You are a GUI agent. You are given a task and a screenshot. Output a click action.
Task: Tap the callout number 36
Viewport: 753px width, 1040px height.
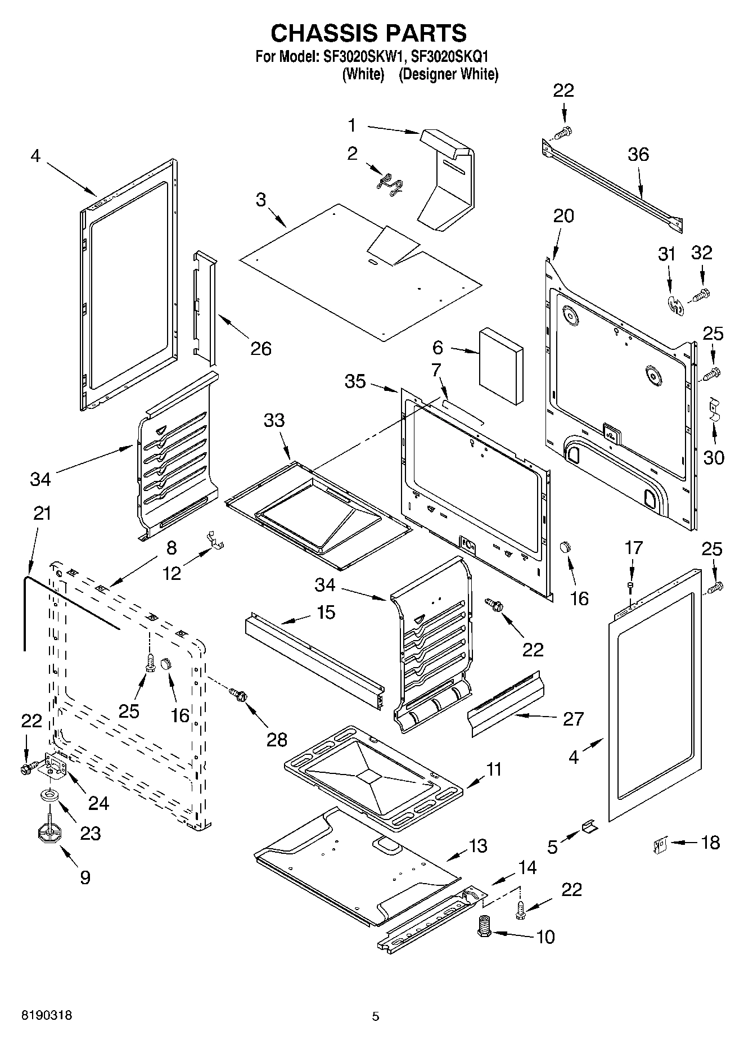point(638,154)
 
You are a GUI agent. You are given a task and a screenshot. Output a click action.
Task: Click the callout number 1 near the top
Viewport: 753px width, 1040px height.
point(352,125)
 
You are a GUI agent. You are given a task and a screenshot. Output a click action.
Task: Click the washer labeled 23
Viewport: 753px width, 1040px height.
point(49,796)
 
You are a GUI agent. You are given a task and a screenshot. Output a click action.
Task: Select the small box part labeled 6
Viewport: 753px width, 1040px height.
point(501,366)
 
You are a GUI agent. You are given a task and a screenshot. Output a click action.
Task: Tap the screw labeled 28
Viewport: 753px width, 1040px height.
point(237,695)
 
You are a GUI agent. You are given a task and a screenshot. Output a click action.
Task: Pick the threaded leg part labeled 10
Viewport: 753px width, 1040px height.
point(483,926)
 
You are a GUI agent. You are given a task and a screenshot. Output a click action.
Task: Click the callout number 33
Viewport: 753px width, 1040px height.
point(274,420)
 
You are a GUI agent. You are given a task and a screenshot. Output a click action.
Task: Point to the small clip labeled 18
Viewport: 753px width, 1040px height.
point(660,844)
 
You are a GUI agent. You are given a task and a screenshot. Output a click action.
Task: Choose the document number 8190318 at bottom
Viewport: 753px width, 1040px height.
point(46,1016)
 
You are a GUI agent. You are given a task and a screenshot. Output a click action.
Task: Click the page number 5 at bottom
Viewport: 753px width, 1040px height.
point(376,1016)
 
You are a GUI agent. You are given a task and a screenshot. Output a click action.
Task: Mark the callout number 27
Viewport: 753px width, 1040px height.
point(573,718)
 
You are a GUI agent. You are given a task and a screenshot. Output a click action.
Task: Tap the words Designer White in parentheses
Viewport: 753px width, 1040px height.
point(448,74)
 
